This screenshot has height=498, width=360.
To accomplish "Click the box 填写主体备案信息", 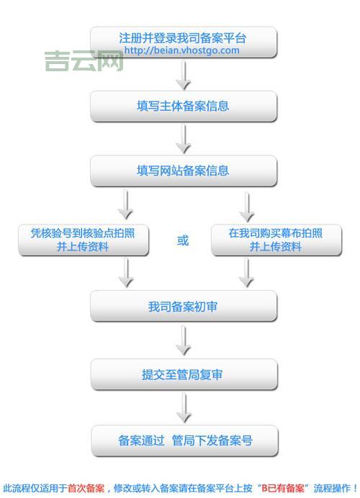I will click(183, 107).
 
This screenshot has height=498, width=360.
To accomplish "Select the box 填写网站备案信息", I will click(183, 171).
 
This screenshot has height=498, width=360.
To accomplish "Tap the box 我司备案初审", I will click(183, 307).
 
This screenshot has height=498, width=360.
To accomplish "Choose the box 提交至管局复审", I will click(183, 375).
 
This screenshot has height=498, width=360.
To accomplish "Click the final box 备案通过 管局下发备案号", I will click(184, 440).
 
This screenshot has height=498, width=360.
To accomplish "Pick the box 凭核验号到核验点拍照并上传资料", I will click(84, 240).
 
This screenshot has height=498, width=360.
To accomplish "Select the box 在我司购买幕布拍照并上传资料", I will click(276, 240).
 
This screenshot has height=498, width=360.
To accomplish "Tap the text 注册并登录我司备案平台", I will click(183, 37).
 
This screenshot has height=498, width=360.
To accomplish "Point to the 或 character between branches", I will click(183, 240).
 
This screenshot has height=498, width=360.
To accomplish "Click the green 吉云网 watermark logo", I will click(84, 60).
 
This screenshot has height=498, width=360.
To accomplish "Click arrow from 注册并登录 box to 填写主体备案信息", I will click(184, 74).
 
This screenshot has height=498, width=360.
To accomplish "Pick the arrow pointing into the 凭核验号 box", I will click(126, 204).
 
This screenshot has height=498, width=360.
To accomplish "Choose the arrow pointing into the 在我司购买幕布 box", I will click(247, 204).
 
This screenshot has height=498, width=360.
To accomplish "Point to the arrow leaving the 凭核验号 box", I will click(126, 273).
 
